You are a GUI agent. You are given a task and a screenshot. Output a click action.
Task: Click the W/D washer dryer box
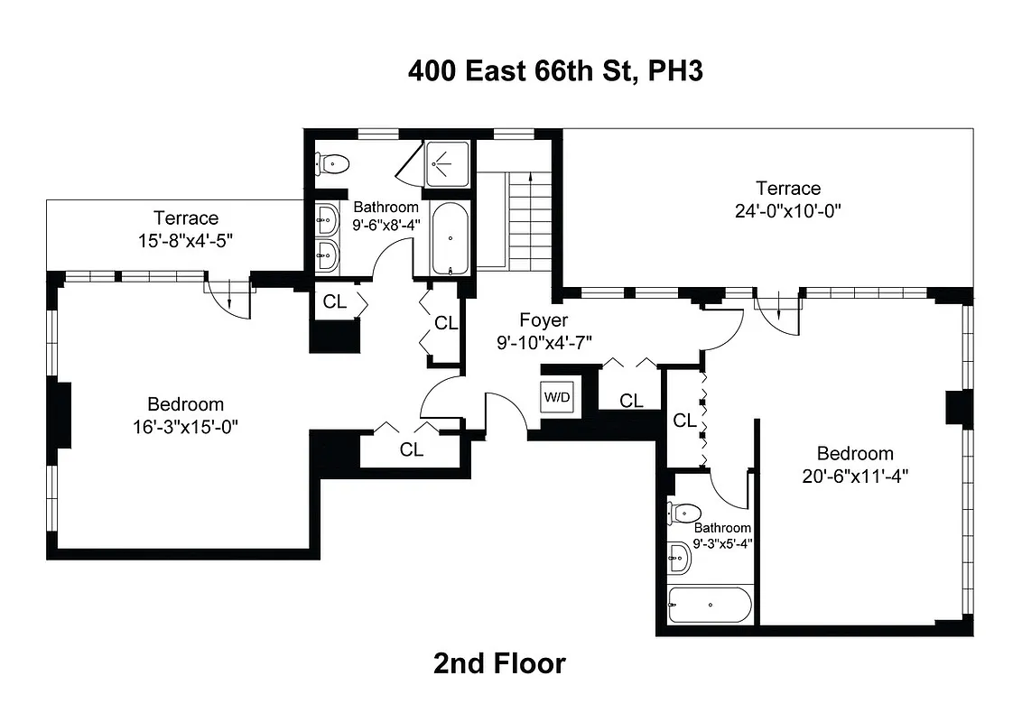point(557,397)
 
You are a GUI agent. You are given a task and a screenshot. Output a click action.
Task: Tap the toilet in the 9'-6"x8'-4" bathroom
point(332,164)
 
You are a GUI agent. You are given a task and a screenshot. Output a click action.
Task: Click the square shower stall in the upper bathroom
point(447,163)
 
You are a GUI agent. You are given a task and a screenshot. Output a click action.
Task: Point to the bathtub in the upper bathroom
point(448,240)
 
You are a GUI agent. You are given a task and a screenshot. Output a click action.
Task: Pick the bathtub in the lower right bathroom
point(710,605)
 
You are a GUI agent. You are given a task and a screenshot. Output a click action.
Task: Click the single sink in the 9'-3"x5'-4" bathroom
point(680,559)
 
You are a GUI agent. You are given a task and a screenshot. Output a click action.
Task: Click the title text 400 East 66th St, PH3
point(555,71)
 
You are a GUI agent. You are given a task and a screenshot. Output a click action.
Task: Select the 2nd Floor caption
point(499,663)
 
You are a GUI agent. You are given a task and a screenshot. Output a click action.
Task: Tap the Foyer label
point(544,320)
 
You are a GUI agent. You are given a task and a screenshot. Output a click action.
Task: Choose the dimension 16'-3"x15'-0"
point(186,427)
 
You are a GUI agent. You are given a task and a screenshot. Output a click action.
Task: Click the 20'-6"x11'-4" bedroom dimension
point(854,476)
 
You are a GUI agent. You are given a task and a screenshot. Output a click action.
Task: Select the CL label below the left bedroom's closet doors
point(412,449)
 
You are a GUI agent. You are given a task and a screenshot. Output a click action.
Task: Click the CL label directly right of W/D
point(632,401)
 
